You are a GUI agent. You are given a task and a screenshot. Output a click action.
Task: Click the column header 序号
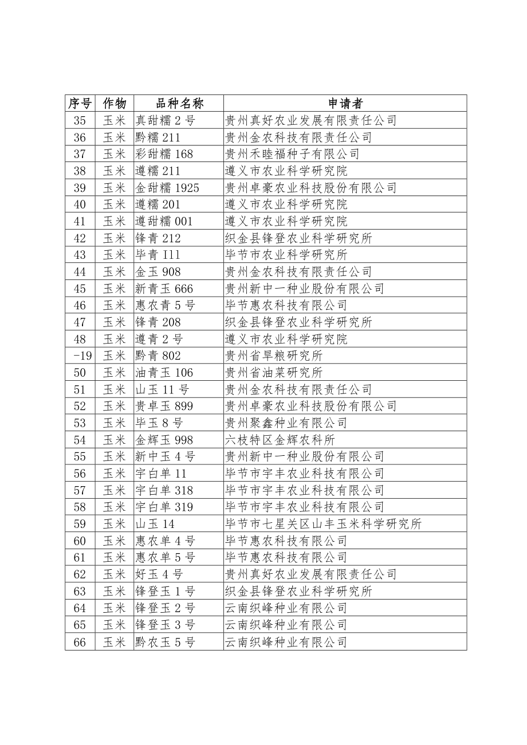[80, 103]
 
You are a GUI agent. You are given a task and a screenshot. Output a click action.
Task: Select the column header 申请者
[345, 103]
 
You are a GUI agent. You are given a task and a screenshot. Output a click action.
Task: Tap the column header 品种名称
[179, 103]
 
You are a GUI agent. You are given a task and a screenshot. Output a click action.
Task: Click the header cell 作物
[114, 103]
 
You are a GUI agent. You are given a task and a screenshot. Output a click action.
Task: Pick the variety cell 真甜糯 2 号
[165, 120]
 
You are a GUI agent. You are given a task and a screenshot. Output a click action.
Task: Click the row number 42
[80, 238]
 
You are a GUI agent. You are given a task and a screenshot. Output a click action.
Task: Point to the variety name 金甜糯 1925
[167, 188]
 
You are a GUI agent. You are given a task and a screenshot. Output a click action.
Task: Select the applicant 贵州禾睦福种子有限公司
[292, 154]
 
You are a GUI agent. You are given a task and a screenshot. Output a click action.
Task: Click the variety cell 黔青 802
[158, 356]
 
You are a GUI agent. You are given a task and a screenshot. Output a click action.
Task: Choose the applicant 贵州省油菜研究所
[274, 373]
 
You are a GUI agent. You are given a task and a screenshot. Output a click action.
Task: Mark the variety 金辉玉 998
[164, 440]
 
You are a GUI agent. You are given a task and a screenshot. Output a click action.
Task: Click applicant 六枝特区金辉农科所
[280, 440]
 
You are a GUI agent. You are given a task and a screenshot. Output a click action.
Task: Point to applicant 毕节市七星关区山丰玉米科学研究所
[323, 524]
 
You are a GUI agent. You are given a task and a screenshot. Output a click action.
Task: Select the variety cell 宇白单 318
[164, 490]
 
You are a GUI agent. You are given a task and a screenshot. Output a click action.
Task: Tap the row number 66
[80, 642]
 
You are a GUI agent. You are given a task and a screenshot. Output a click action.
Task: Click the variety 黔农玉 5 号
[165, 642]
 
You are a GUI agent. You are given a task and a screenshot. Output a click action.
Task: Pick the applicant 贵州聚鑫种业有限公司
[286, 423]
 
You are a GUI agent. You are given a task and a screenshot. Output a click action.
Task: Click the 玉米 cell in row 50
[114, 373]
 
